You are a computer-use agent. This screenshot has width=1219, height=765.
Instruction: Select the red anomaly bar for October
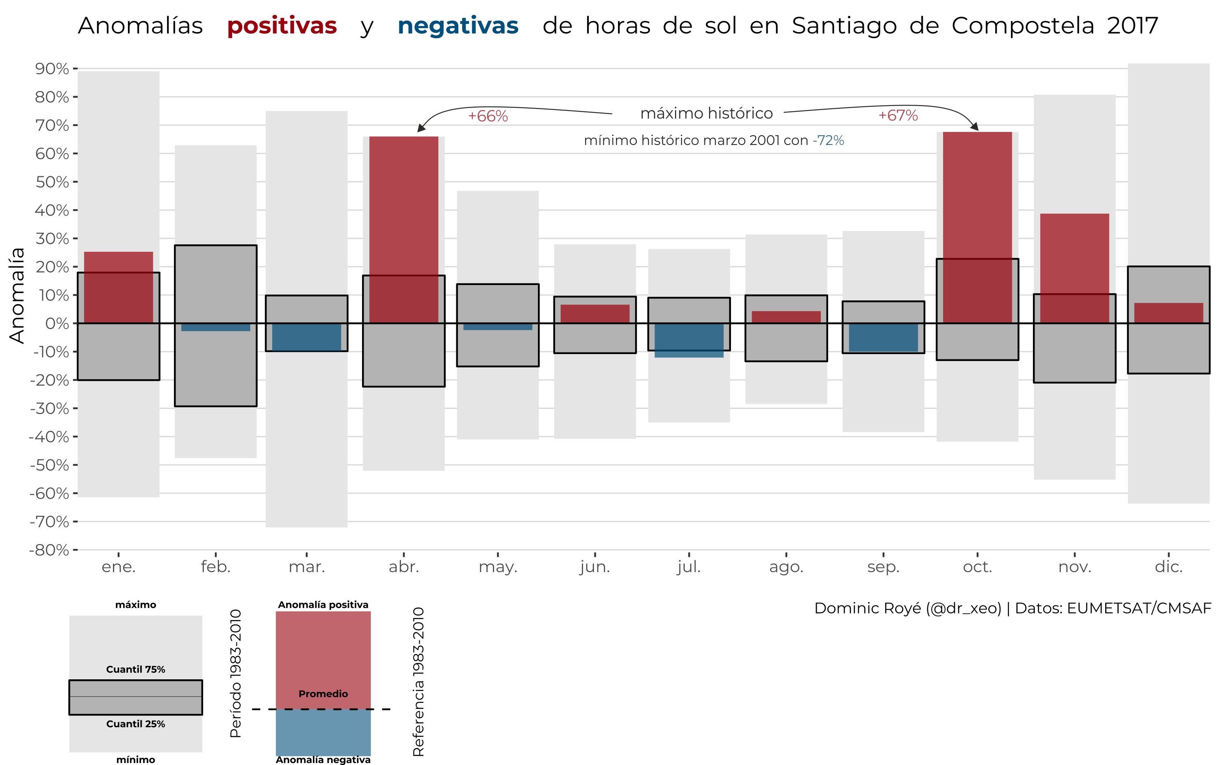click(977, 228)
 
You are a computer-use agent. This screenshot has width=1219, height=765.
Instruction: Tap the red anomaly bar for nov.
click(1074, 268)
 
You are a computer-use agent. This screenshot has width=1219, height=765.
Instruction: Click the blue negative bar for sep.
click(883, 337)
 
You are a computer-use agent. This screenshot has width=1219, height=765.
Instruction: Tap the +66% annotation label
click(488, 117)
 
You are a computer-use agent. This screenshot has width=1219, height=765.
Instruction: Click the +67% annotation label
click(898, 115)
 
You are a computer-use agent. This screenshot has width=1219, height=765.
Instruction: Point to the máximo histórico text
click(706, 113)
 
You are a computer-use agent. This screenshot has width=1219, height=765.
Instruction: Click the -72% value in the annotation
click(828, 140)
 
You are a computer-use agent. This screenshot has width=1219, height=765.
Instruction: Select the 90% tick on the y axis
click(52, 68)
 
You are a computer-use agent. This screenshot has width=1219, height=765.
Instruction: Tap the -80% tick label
click(49, 549)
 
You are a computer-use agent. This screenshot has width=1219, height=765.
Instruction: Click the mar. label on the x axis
click(306, 567)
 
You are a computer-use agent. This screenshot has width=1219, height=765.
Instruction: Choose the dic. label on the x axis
click(1168, 567)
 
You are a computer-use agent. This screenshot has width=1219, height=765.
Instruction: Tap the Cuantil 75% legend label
click(136, 669)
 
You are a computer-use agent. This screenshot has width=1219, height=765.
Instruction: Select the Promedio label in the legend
click(323, 694)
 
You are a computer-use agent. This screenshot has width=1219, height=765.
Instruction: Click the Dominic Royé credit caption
click(1012, 608)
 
